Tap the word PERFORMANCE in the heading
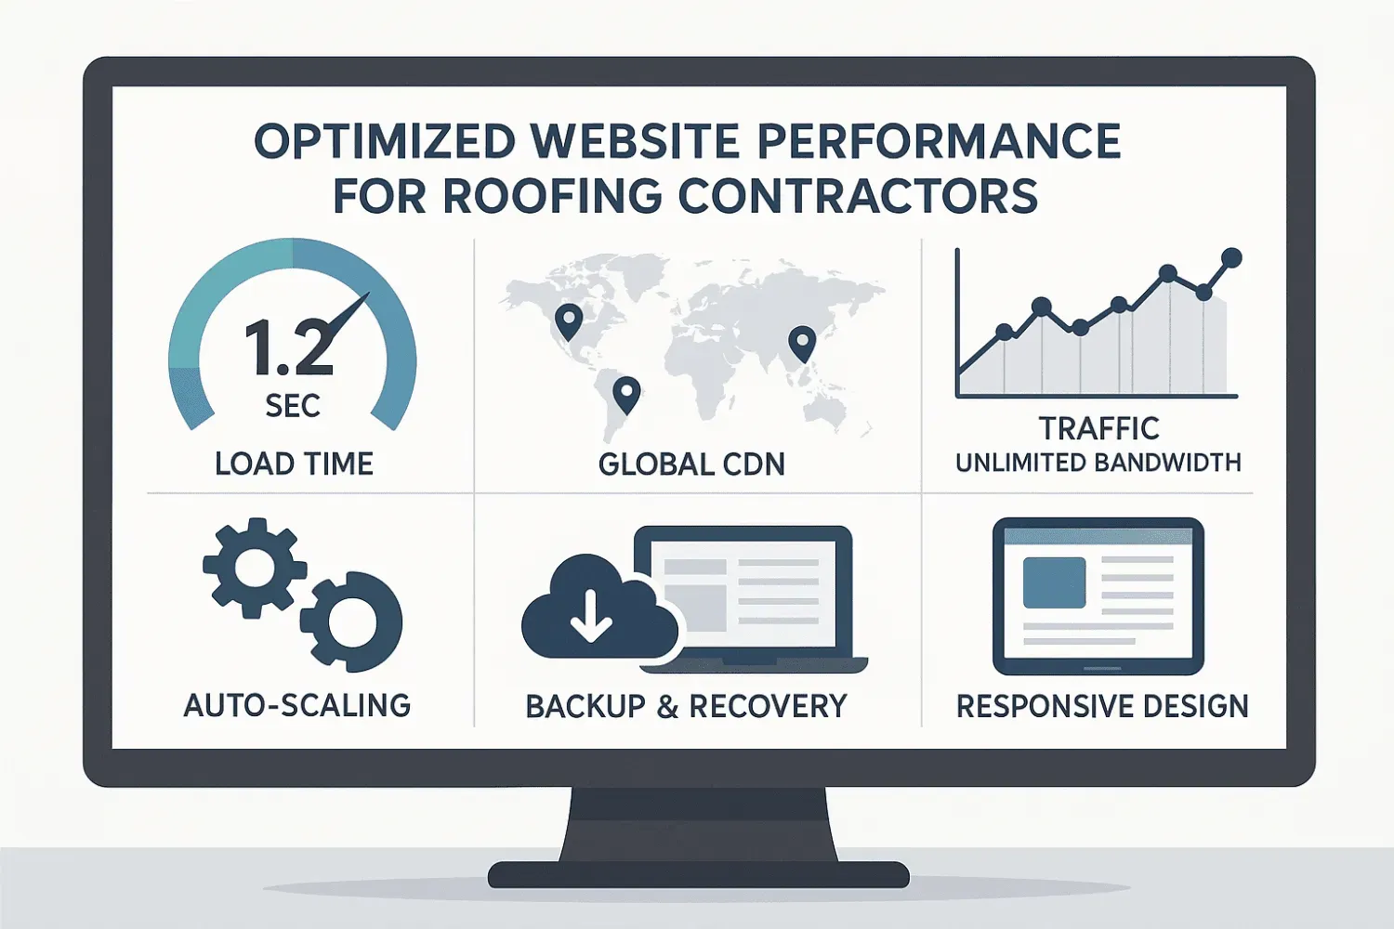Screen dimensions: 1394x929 [x=939, y=141]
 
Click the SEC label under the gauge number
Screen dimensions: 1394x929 [x=293, y=406]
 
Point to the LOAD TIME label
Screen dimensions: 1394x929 [x=294, y=464]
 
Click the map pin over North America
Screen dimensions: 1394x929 [x=568, y=321]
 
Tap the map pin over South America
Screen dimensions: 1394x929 [x=626, y=393]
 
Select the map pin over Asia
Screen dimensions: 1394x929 [x=801, y=343]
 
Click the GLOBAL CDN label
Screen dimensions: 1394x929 [x=691, y=464]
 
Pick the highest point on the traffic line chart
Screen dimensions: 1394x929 [x=1231, y=257]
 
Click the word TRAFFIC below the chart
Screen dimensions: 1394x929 [x=1098, y=428]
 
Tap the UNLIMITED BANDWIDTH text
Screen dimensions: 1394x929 [x=1098, y=463]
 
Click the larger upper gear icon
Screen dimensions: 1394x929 [x=253, y=567]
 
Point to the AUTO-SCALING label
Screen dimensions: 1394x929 [x=297, y=706]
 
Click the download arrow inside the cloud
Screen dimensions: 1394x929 [x=590, y=616]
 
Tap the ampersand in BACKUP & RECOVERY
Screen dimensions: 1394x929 [x=667, y=707]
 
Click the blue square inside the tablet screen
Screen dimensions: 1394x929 [x=1054, y=582]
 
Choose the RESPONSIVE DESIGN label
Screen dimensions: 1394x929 [x=1102, y=706]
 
